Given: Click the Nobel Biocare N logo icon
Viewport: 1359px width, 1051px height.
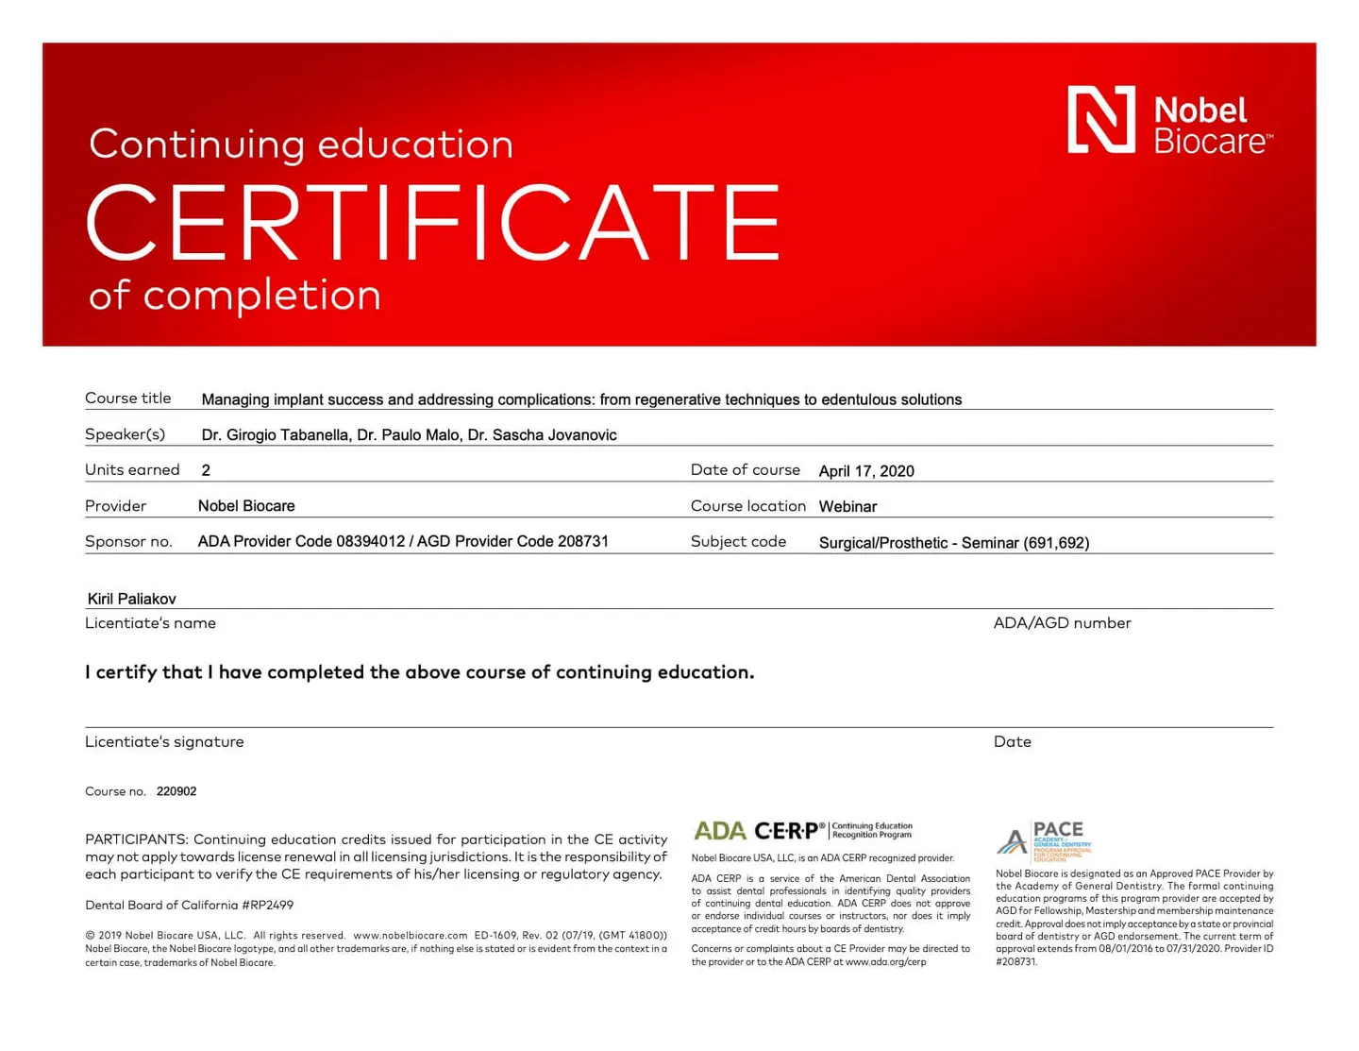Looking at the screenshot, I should coord(1100,119).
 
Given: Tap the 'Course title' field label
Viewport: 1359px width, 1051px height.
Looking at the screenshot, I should coord(128,398).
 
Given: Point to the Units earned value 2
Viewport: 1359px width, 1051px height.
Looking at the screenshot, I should coord(206,470).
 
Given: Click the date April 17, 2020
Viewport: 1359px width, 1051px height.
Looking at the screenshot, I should coord(865,471).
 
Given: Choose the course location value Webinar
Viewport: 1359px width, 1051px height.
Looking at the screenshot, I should coord(847,507).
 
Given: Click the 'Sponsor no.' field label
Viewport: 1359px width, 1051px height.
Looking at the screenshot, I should coord(128,542).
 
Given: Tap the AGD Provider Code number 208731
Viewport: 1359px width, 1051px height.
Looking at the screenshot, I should coord(582,542).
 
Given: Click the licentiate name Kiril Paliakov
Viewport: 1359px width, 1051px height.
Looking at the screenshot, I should coord(131,599).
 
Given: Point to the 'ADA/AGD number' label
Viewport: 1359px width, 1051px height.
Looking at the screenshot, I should coord(1062,623).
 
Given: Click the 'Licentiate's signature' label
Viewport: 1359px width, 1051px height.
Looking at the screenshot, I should coord(164,742).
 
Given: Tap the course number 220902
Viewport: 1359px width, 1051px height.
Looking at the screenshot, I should coord(176,791).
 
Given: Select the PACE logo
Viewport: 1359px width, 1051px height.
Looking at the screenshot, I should coord(1043,839).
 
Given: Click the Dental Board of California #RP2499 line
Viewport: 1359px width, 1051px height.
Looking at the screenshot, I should coord(189,905).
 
